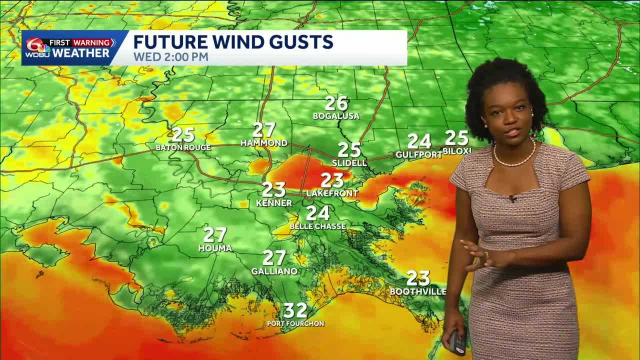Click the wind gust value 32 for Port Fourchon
coord(295,310)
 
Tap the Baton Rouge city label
coord(183,147)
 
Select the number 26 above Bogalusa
coord(336,103)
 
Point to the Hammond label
coord(264,143)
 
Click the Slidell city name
coord(349,163)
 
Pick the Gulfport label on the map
coord(419,155)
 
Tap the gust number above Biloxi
coord(456,137)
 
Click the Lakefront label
coord(332,193)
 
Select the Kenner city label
coord(274,203)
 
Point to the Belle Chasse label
coord(317,226)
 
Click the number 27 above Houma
coord(215,234)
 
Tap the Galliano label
coord(274,271)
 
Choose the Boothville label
coord(418,291)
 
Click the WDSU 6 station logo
coord(36,49)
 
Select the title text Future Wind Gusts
coord(233,41)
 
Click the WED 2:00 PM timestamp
coord(170,57)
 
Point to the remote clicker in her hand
coord(456,342)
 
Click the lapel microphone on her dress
coord(512,198)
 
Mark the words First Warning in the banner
coord(80,42)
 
